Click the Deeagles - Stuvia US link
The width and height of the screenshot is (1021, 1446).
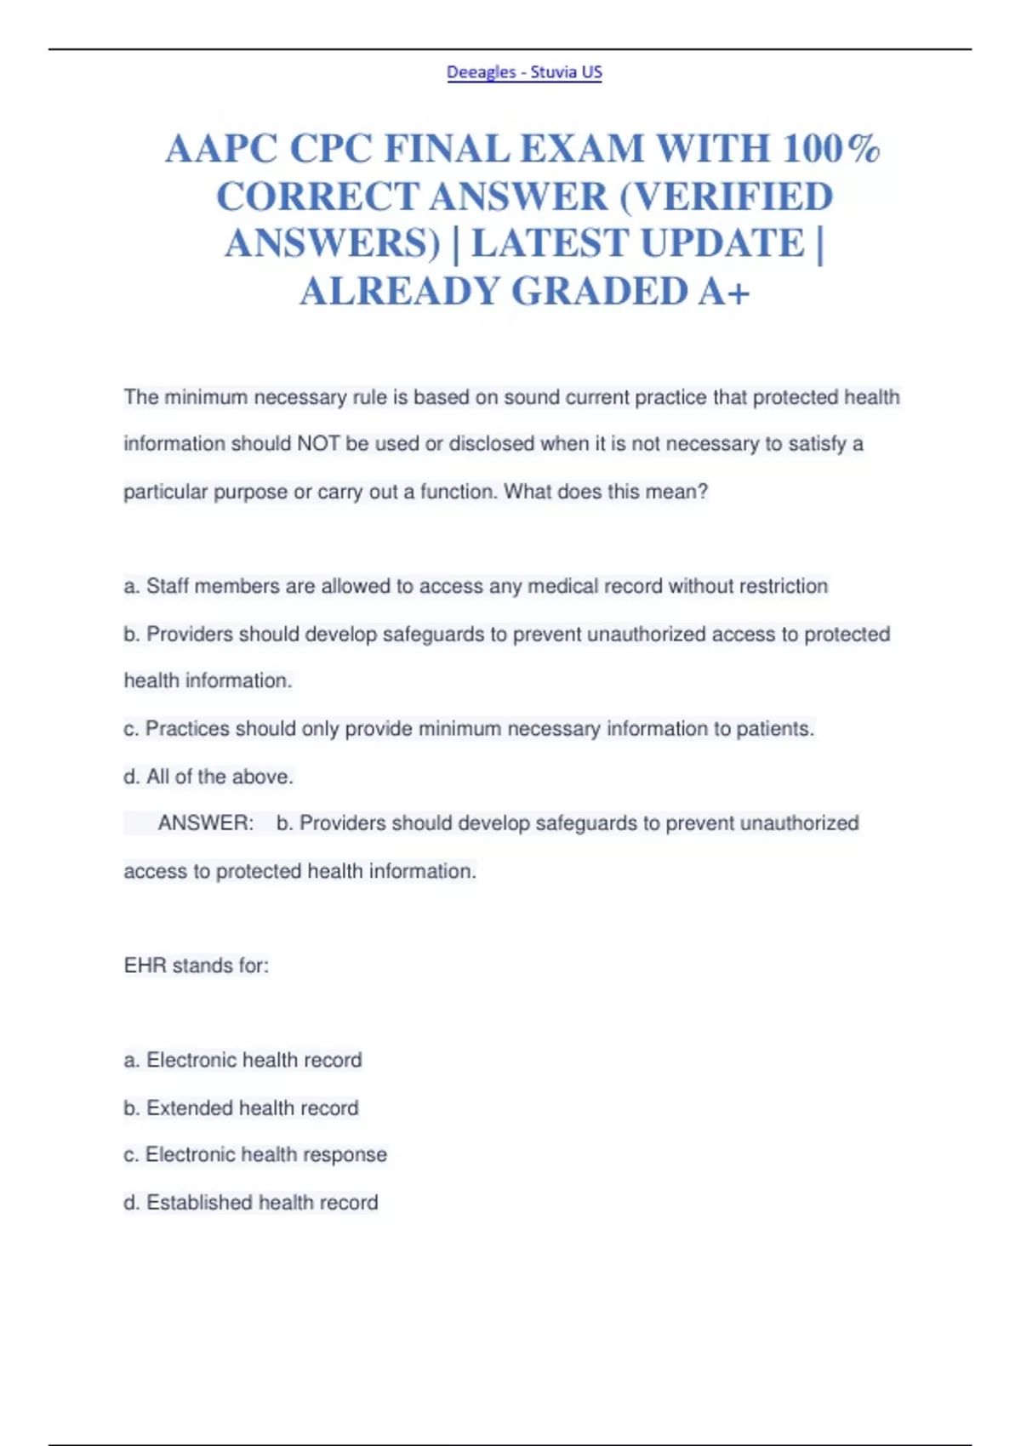(x=524, y=72)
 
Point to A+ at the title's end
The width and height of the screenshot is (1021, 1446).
(x=725, y=292)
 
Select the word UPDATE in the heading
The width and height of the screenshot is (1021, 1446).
(x=722, y=244)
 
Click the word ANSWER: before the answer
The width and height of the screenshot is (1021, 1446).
(x=206, y=823)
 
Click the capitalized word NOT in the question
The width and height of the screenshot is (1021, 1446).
(x=318, y=444)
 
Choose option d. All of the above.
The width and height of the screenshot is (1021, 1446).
(x=208, y=777)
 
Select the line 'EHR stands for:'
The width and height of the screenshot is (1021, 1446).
(x=197, y=965)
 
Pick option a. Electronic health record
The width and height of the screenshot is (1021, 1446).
(x=242, y=1060)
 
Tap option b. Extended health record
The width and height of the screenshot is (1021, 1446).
(x=241, y=1107)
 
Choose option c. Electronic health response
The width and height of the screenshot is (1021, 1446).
(x=255, y=1154)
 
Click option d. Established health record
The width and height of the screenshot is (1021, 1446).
(x=251, y=1202)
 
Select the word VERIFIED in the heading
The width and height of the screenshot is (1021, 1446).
(x=727, y=197)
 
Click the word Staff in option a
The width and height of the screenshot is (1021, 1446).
(x=167, y=586)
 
